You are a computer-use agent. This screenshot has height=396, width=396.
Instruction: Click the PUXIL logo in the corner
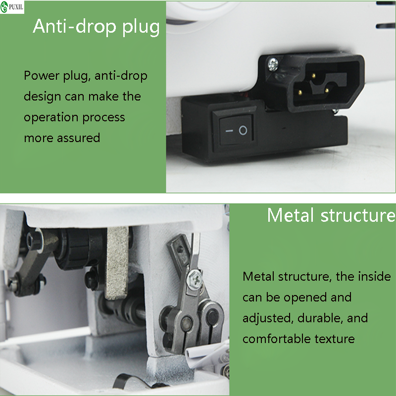point(12,7)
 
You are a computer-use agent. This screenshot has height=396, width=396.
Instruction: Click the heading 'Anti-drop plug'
point(96,27)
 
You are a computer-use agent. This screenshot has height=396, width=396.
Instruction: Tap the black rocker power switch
point(236,130)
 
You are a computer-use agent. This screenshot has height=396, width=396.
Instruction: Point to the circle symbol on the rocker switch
point(243,130)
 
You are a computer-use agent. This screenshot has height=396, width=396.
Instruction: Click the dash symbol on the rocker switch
point(229,131)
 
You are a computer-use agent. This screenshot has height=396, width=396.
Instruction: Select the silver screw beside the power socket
point(273,64)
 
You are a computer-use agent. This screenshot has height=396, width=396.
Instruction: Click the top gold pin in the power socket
point(313,76)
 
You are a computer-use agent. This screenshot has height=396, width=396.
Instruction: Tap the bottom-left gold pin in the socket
point(300,93)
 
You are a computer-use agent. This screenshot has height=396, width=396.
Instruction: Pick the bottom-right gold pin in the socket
point(327,90)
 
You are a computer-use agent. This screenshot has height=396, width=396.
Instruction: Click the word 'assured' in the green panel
point(78,138)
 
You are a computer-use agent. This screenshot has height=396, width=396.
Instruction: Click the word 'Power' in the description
point(42,75)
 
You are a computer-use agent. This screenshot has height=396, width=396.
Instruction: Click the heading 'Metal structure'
point(331,215)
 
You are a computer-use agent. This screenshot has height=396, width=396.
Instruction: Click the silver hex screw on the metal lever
point(195,279)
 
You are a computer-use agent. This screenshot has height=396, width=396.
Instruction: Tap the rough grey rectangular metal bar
point(117,263)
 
